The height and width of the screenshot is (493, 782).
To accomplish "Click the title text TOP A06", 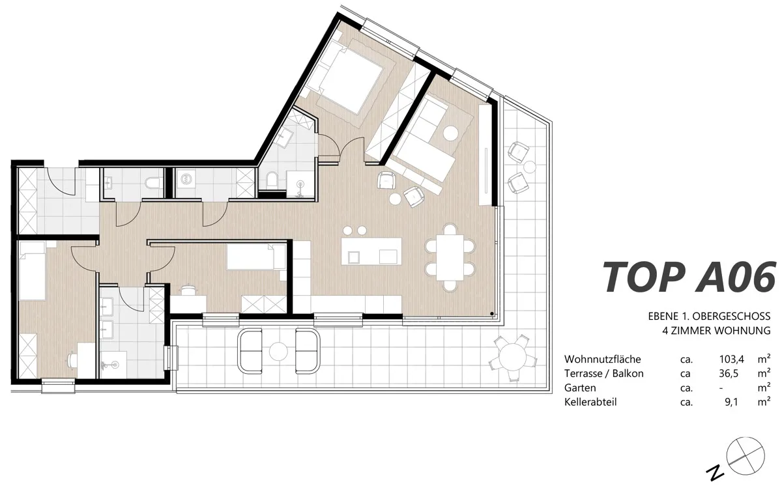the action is click(x=689, y=277).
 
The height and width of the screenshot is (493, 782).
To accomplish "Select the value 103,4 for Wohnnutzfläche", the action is click(x=731, y=359).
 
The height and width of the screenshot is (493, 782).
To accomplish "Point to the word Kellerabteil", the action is click(x=590, y=402).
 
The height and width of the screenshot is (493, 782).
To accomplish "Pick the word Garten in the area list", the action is click(x=580, y=387).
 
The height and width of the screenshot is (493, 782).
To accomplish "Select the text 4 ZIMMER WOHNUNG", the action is click(x=716, y=330).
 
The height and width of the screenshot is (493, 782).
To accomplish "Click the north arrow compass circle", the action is click(x=746, y=456).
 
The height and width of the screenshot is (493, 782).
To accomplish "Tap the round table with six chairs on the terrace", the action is click(x=512, y=357).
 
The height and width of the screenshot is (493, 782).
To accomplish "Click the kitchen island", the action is click(x=371, y=251).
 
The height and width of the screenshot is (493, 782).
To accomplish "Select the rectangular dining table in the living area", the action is click(x=450, y=257).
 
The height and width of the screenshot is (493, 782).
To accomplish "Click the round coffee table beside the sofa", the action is click(x=450, y=134).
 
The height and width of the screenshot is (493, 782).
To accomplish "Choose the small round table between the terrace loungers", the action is click(x=278, y=351).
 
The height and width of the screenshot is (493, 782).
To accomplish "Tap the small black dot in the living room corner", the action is click(x=492, y=314).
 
